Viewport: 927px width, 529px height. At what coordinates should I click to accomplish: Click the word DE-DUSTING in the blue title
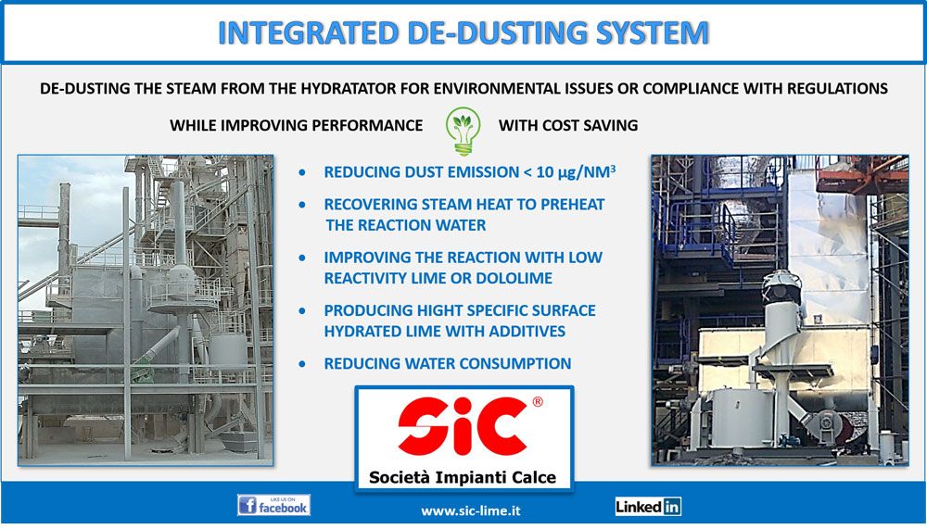[498, 33]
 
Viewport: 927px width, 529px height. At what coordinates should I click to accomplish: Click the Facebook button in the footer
[273, 505]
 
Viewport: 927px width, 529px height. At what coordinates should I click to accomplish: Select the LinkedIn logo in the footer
[648, 507]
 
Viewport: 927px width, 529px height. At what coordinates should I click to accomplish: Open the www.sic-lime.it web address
[471, 510]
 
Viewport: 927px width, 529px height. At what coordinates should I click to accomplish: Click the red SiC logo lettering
[462, 425]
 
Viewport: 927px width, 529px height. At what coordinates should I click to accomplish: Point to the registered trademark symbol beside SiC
[538, 402]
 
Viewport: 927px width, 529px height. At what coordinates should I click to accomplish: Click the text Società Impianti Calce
[463, 477]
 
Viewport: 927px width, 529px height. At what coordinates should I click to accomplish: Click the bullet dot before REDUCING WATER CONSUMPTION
[303, 364]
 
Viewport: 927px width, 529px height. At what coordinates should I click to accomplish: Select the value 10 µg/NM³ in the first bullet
[576, 172]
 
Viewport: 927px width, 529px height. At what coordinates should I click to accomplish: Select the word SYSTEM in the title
[652, 33]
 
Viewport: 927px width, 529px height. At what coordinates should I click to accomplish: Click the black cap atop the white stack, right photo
[781, 287]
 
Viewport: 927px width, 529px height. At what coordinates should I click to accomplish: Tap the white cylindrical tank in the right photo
[742, 417]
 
